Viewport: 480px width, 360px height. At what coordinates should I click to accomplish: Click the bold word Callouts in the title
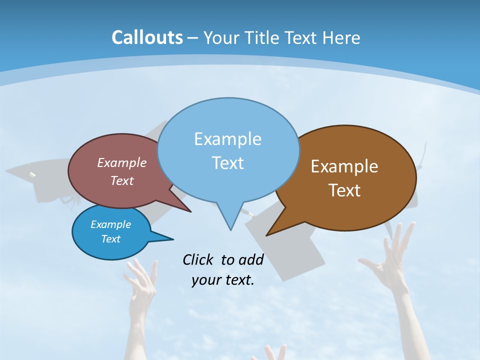(x=147, y=37)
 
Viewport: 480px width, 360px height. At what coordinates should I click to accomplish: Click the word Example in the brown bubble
(x=344, y=166)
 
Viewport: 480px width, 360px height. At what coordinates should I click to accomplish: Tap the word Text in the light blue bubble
(x=228, y=163)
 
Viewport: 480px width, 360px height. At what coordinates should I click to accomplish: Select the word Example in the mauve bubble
(x=122, y=162)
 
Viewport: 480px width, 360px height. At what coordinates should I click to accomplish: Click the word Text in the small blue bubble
(x=111, y=239)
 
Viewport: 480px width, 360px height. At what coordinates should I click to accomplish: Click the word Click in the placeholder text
(x=198, y=259)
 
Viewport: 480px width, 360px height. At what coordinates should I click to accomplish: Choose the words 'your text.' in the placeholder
(x=223, y=280)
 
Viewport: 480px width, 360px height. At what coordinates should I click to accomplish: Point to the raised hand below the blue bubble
(x=140, y=285)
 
